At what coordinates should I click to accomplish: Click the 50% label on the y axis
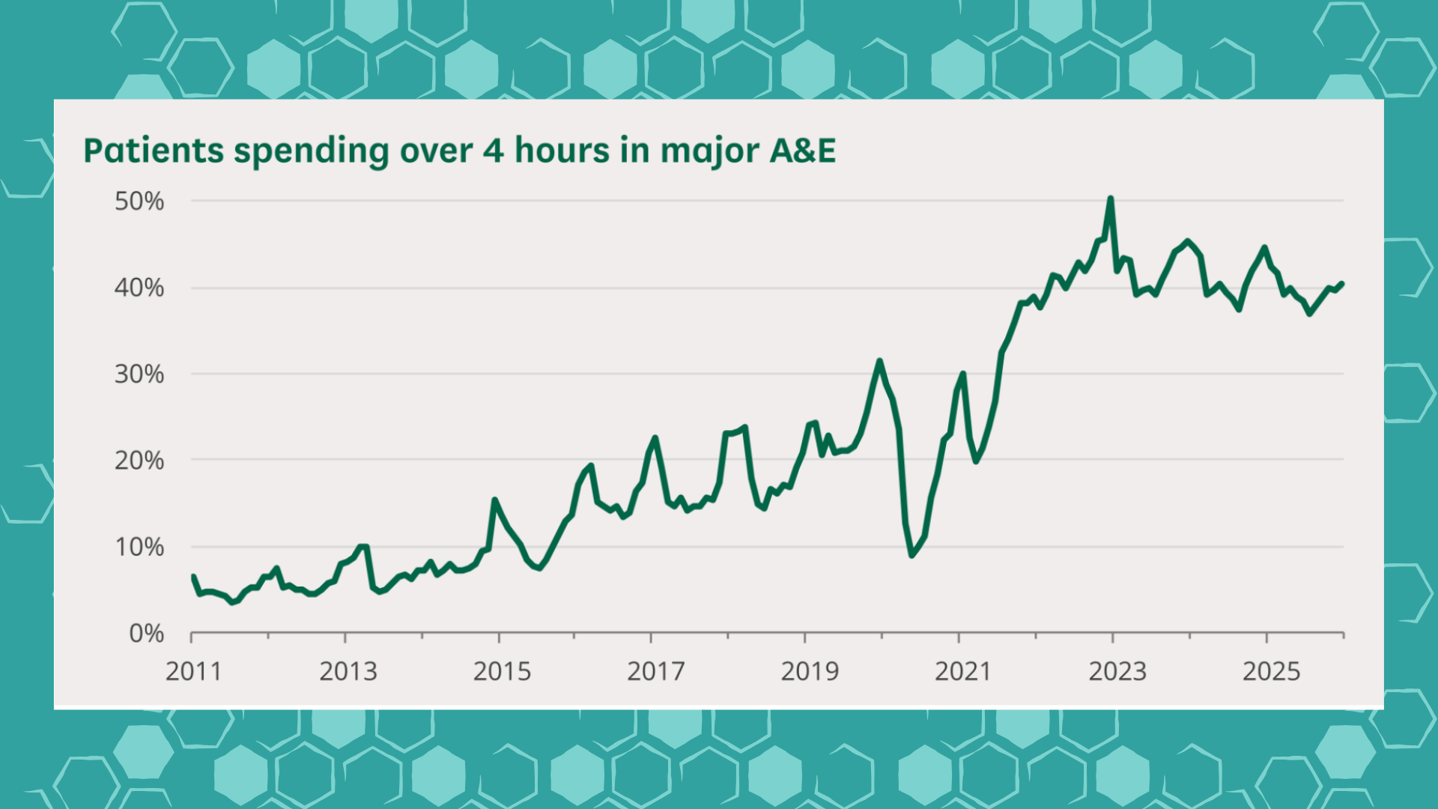[x=139, y=202]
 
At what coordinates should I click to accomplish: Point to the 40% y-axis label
[x=139, y=288]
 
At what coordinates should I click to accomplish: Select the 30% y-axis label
[x=139, y=375]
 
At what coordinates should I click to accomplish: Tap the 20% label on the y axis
[x=139, y=461]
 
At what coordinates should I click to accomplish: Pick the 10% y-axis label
[x=139, y=548]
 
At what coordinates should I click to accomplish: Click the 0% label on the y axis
[x=147, y=634]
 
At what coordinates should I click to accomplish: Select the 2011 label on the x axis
[x=194, y=672]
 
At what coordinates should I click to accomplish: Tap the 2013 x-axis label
[x=348, y=672]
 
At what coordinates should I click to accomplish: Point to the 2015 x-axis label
[x=502, y=672]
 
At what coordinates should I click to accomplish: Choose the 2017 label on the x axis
[x=656, y=672]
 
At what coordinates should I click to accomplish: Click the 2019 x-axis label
[x=810, y=672]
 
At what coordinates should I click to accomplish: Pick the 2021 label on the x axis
[x=963, y=672]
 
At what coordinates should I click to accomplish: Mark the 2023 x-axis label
[x=1117, y=672]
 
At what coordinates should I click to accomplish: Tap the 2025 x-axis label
[x=1271, y=672]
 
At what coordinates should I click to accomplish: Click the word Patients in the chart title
[x=154, y=151]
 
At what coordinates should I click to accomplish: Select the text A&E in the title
[x=802, y=151]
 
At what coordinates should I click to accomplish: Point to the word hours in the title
[x=562, y=151]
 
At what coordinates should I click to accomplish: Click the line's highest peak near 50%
[x=1110, y=199]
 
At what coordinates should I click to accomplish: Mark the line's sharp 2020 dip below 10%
[x=911, y=555]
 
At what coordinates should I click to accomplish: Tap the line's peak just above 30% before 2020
[x=879, y=361]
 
